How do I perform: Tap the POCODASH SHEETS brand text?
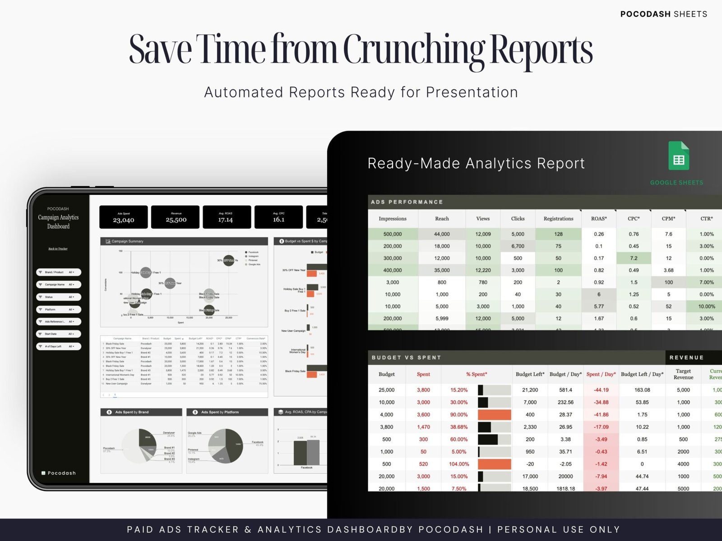[663, 14]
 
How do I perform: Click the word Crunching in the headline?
[414, 50]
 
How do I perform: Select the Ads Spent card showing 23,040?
[124, 217]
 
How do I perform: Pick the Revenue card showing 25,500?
[176, 217]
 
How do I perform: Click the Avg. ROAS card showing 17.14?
[226, 217]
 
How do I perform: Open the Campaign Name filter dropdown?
[59, 284]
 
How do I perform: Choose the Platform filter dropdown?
[59, 309]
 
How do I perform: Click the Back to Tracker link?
[58, 249]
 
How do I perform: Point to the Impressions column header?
[393, 219]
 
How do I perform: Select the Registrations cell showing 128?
[558, 234]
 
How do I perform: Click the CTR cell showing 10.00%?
[706, 307]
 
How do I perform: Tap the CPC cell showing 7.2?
[634, 258]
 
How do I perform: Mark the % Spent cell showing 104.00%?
[459, 464]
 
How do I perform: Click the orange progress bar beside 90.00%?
[494, 415]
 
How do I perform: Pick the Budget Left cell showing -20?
[530, 464]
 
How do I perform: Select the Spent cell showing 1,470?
[423, 427]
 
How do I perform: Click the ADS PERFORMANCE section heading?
[407, 202]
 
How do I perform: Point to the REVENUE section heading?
[686, 358]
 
